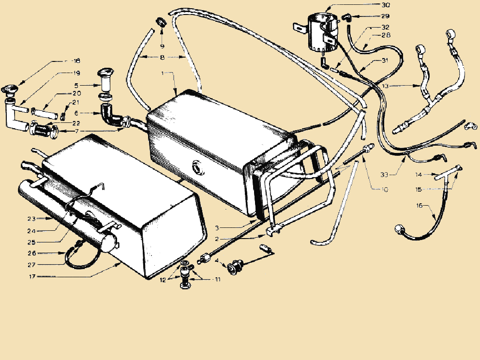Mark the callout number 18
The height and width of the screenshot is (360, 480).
coord(76,61)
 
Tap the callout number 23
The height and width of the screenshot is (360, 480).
coord(31,218)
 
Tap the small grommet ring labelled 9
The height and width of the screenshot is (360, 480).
coord(160,22)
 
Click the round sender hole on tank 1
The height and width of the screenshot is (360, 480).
coord(198,167)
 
